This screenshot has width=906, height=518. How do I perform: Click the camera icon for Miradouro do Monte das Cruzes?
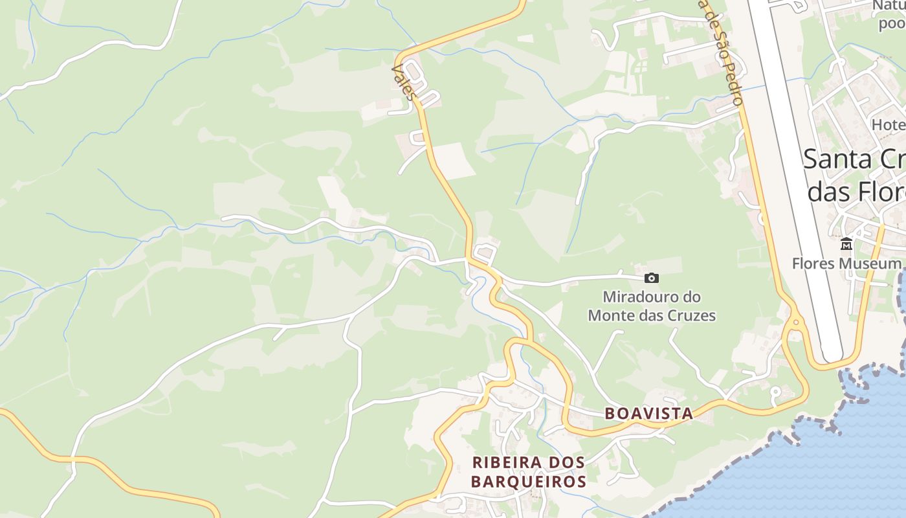click(652, 278)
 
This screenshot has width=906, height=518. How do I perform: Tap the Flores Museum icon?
click(846, 244)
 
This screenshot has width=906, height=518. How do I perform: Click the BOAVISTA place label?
click(648, 413)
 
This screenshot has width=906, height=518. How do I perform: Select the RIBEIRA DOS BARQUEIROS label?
click(529, 472)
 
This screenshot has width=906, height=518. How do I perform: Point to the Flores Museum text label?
click(846, 264)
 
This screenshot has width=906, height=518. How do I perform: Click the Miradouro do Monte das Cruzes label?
click(652, 306)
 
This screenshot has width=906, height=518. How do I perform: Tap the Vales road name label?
click(403, 82)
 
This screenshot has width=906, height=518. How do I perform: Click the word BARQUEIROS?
click(529, 482)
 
